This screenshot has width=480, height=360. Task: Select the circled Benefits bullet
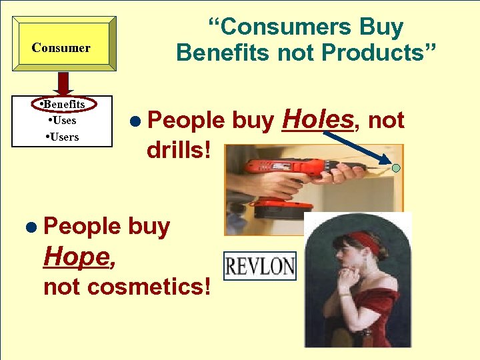64,104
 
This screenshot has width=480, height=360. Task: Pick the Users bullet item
63,137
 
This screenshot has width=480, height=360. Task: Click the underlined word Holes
317,119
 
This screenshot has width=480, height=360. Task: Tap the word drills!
179,149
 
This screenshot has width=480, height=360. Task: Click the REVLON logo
260,267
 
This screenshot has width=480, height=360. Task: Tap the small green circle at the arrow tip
396,168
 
